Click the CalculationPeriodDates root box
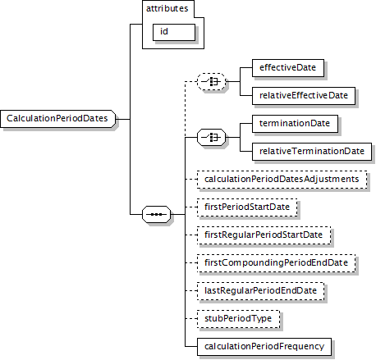point(57,119)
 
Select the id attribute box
point(174,32)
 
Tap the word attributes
point(167,8)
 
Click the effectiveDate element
point(288,68)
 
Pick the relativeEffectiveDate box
point(304,96)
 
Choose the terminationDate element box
point(295,124)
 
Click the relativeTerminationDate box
point(312,152)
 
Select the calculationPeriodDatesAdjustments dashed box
point(282,180)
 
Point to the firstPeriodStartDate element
point(247,207)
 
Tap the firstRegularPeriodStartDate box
point(264,235)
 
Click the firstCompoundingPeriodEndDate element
point(276,263)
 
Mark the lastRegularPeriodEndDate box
point(260,291)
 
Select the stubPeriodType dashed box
point(238,319)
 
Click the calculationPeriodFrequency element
point(264,347)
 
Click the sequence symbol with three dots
point(157,214)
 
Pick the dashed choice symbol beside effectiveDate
point(212,81)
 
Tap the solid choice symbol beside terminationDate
point(212,137)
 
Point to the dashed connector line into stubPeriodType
point(191,319)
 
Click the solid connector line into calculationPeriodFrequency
point(191,347)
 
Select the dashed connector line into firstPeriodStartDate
point(191,207)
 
